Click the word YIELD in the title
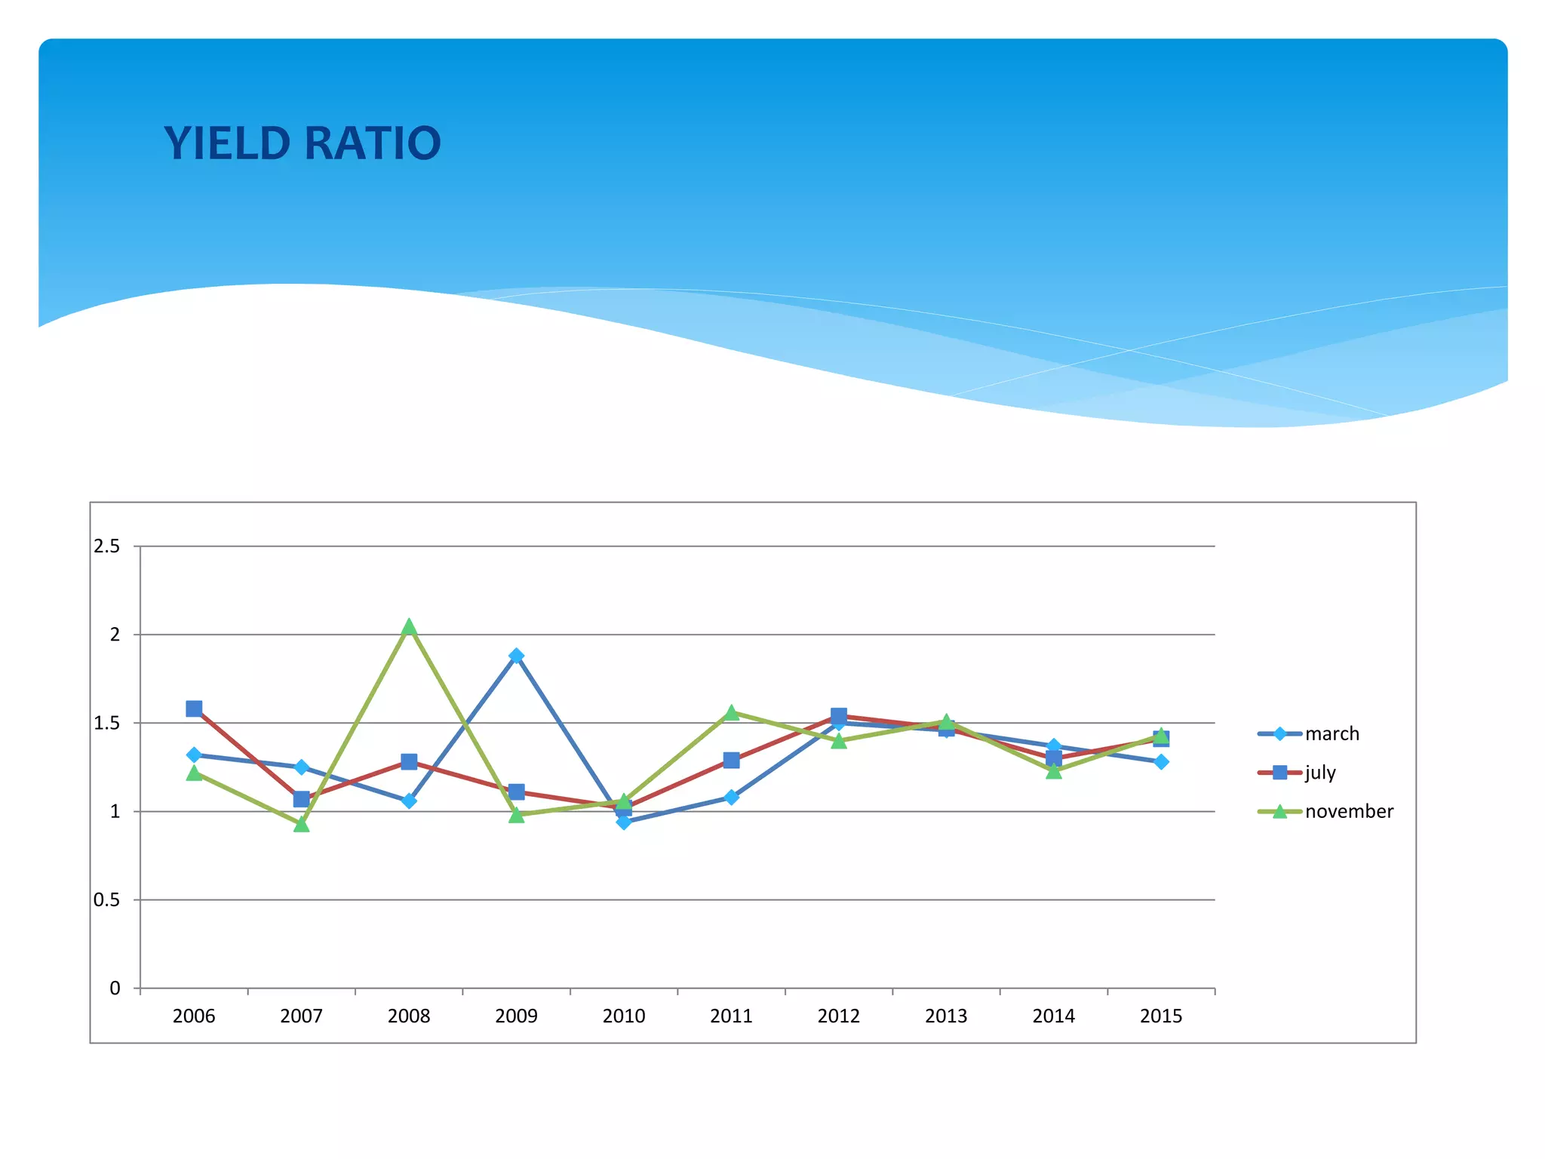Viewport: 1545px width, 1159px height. tap(227, 143)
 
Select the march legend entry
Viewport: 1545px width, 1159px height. tap(1332, 733)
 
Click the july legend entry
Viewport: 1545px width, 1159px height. tap(1320, 772)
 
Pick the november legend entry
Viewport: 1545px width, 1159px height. tap(1349, 811)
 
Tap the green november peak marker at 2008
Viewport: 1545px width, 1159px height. tap(409, 627)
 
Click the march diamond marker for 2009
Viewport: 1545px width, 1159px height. tap(516, 656)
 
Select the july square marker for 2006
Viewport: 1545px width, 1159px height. tap(194, 709)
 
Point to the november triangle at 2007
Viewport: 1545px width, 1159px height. tap(301, 824)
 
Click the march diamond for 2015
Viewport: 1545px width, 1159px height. tap(1161, 762)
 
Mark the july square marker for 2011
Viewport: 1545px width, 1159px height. tap(731, 760)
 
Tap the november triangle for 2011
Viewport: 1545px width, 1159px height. tap(731, 713)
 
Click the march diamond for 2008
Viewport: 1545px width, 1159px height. tap(409, 801)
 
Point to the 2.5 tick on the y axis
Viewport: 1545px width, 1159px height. tap(106, 546)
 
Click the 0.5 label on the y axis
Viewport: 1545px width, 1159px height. tap(106, 899)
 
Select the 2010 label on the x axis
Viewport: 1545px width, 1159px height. tap(624, 1016)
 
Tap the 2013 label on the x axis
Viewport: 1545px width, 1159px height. tap(946, 1016)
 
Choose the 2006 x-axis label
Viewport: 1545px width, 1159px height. tap(194, 1016)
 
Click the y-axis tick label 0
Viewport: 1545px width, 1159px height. tap(115, 988)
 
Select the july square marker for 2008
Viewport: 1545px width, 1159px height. tap(409, 761)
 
